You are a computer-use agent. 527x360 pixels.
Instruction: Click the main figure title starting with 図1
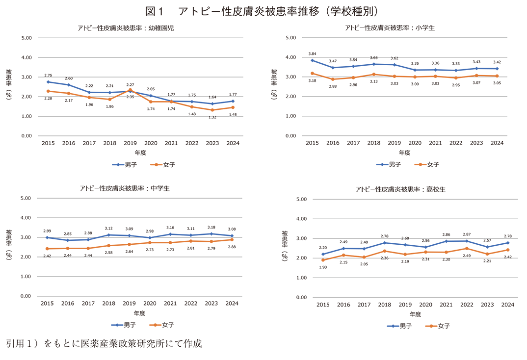263,11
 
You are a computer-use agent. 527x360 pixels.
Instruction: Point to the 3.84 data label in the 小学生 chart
312,53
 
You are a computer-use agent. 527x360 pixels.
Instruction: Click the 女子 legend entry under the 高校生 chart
438,326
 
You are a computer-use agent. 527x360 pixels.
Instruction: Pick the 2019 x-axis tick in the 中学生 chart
129,304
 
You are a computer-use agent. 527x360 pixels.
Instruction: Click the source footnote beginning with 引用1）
104,343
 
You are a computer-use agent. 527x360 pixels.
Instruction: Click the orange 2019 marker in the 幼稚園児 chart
130,90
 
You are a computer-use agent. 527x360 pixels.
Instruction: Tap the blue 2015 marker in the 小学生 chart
312,60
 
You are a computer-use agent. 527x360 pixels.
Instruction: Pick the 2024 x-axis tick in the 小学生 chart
497,143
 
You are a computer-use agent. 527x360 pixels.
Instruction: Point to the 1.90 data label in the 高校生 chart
323,267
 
